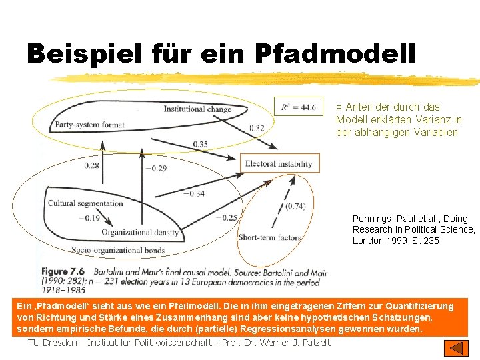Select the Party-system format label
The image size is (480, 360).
tap(90, 124)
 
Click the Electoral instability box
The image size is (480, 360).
tap(278, 163)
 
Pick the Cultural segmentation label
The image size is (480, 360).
tap(85, 203)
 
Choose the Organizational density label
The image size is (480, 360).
tap(140, 232)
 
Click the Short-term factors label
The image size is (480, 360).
tap(269, 237)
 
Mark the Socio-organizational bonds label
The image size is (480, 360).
tap(117, 251)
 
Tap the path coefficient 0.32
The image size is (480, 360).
tap(257, 128)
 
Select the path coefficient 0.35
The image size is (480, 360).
tap(199, 144)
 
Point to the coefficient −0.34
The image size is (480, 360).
tap(195, 194)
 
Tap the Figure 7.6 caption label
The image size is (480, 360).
tap(63, 271)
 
